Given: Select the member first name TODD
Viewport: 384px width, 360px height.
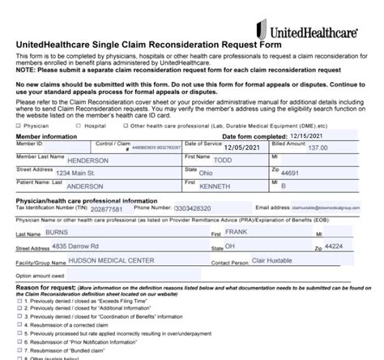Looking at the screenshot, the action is coord(243,160).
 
